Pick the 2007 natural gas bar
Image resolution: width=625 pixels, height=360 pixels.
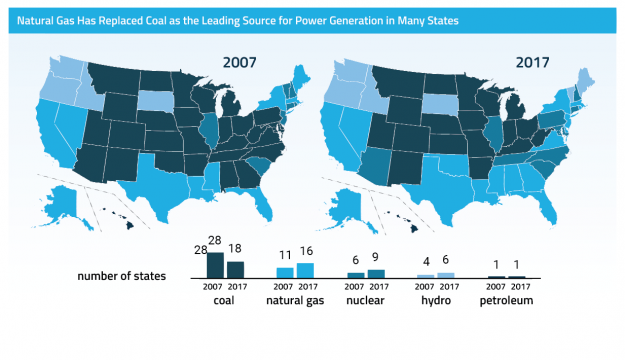[285, 272]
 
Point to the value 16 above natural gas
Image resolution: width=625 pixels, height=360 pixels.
[306, 252]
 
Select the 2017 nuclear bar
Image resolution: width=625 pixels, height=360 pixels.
[376, 273]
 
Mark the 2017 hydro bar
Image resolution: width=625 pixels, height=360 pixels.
[446, 274]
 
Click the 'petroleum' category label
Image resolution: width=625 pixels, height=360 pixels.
[506, 300]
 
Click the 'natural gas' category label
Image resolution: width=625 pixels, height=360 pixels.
[296, 300]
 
